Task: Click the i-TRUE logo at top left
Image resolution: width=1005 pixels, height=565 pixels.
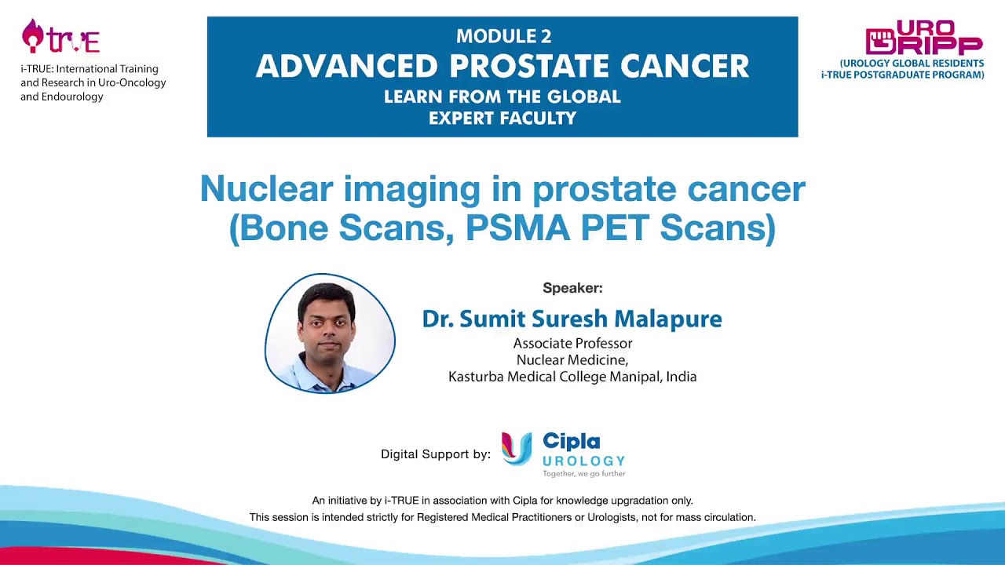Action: tap(60, 36)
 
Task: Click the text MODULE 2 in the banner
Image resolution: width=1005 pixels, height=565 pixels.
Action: tap(503, 36)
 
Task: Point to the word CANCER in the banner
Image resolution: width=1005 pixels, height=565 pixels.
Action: tap(684, 67)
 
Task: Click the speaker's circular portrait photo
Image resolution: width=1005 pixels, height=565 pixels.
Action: tap(330, 333)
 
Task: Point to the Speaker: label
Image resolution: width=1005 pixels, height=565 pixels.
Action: tap(572, 288)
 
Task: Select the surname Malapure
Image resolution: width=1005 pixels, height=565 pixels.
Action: tap(667, 319)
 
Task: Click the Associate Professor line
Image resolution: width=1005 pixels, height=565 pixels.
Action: tap(572, 344)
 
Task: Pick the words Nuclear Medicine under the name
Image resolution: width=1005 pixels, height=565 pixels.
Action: tap(572, 360)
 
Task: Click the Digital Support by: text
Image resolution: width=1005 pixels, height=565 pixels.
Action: tap(435, 454)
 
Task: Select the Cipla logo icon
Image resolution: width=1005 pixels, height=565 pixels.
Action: tap(517, 449)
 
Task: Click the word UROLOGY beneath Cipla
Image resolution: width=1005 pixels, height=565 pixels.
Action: tap(583, 461)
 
